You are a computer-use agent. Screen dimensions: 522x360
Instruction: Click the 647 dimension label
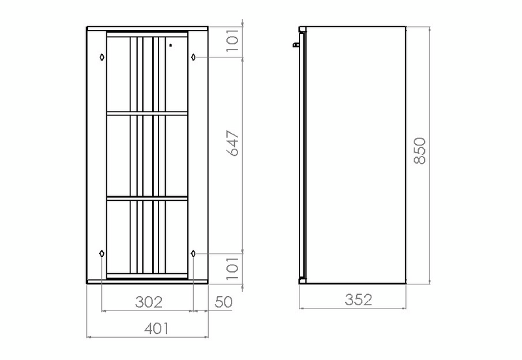233,143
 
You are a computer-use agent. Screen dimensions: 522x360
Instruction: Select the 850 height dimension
420,151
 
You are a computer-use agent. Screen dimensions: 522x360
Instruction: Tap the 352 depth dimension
358,300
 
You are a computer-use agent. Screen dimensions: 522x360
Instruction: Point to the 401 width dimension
157,329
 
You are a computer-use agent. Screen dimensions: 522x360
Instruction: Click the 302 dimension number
149,302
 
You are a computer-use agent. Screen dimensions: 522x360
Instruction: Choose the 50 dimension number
223,302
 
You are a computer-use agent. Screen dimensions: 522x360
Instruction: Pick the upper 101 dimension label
233,40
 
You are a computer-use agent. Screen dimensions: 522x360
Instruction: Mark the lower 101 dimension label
233,268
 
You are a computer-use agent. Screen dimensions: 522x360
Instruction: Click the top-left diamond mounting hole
102,57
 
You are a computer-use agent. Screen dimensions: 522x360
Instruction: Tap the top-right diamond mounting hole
193,57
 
